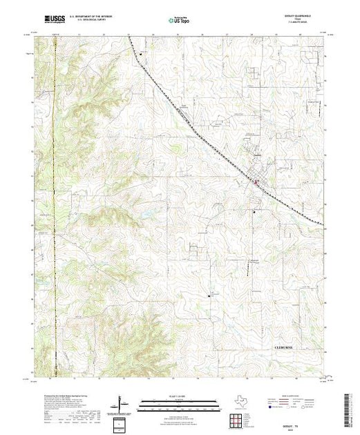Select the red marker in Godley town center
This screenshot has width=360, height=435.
point(256,183)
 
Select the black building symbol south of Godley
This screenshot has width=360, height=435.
point(253,213)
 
